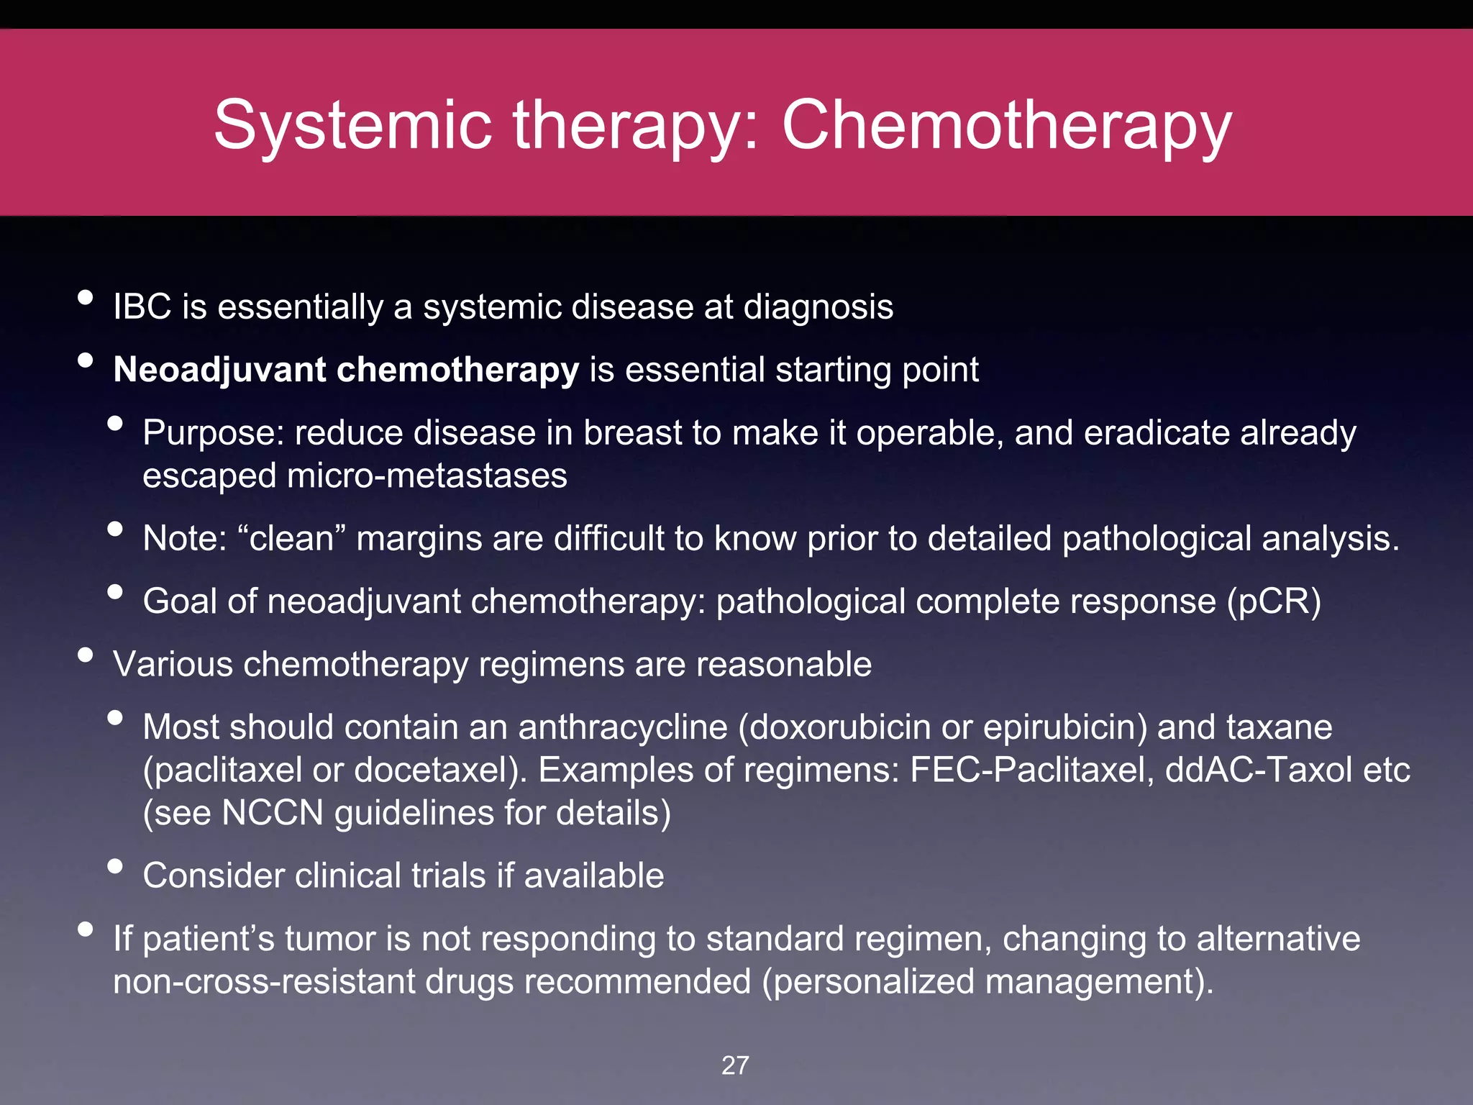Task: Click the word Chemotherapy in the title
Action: (x=1006, y=127)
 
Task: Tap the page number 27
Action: (x=735, y=1065)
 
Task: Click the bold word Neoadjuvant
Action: (x=220, y=370)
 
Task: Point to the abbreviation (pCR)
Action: (x=1274, y=602)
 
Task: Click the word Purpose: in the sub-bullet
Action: (x=214, y=434)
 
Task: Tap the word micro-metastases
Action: (x=427, y=476)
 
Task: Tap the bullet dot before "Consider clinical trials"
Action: (x=114, y=866)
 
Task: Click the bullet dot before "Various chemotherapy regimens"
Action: (x=86, y=655)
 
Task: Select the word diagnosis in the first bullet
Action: (x=818, y=307)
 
